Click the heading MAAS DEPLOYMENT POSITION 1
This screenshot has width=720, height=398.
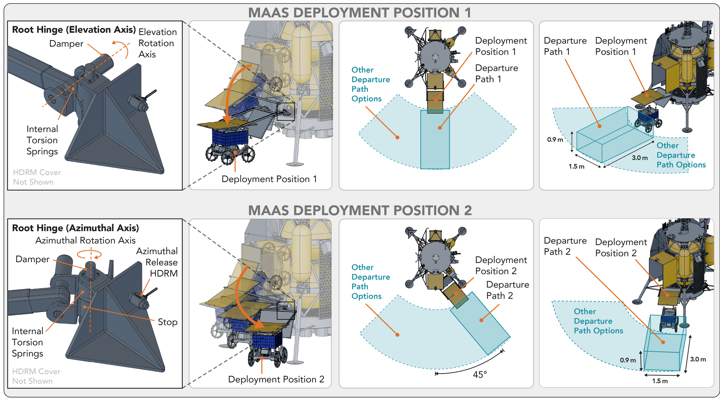pos(359,13)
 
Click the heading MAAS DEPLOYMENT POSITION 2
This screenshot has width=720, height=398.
pos(360,210)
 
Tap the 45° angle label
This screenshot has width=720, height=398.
pos(480,374)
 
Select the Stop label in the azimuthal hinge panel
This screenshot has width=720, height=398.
pos(168,322)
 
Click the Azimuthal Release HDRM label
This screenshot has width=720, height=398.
pos(157,262)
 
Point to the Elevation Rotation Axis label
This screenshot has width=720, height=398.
pos(158,43)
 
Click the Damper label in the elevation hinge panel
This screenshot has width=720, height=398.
pos(66,43)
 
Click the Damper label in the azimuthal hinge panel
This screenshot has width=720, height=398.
pos(33,259)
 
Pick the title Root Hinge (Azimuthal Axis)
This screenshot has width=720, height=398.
pos(75,228)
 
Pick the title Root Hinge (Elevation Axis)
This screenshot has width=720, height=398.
pos(74,30)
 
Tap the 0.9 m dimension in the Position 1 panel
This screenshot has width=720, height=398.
pos(555,140)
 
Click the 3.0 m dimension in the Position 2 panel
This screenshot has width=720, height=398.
pos(698,359)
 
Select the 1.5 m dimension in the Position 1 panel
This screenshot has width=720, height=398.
pos(576,166)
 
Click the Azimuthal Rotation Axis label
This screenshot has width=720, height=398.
pos(85,240)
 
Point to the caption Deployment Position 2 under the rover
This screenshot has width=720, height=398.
pos(276,379)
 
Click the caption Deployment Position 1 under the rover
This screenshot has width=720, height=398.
pos(269,179)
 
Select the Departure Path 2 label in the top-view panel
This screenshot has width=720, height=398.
pos(507,290)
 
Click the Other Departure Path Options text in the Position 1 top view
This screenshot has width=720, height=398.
pos(371,84)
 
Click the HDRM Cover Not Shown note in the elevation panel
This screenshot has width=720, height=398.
pos(37,177)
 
